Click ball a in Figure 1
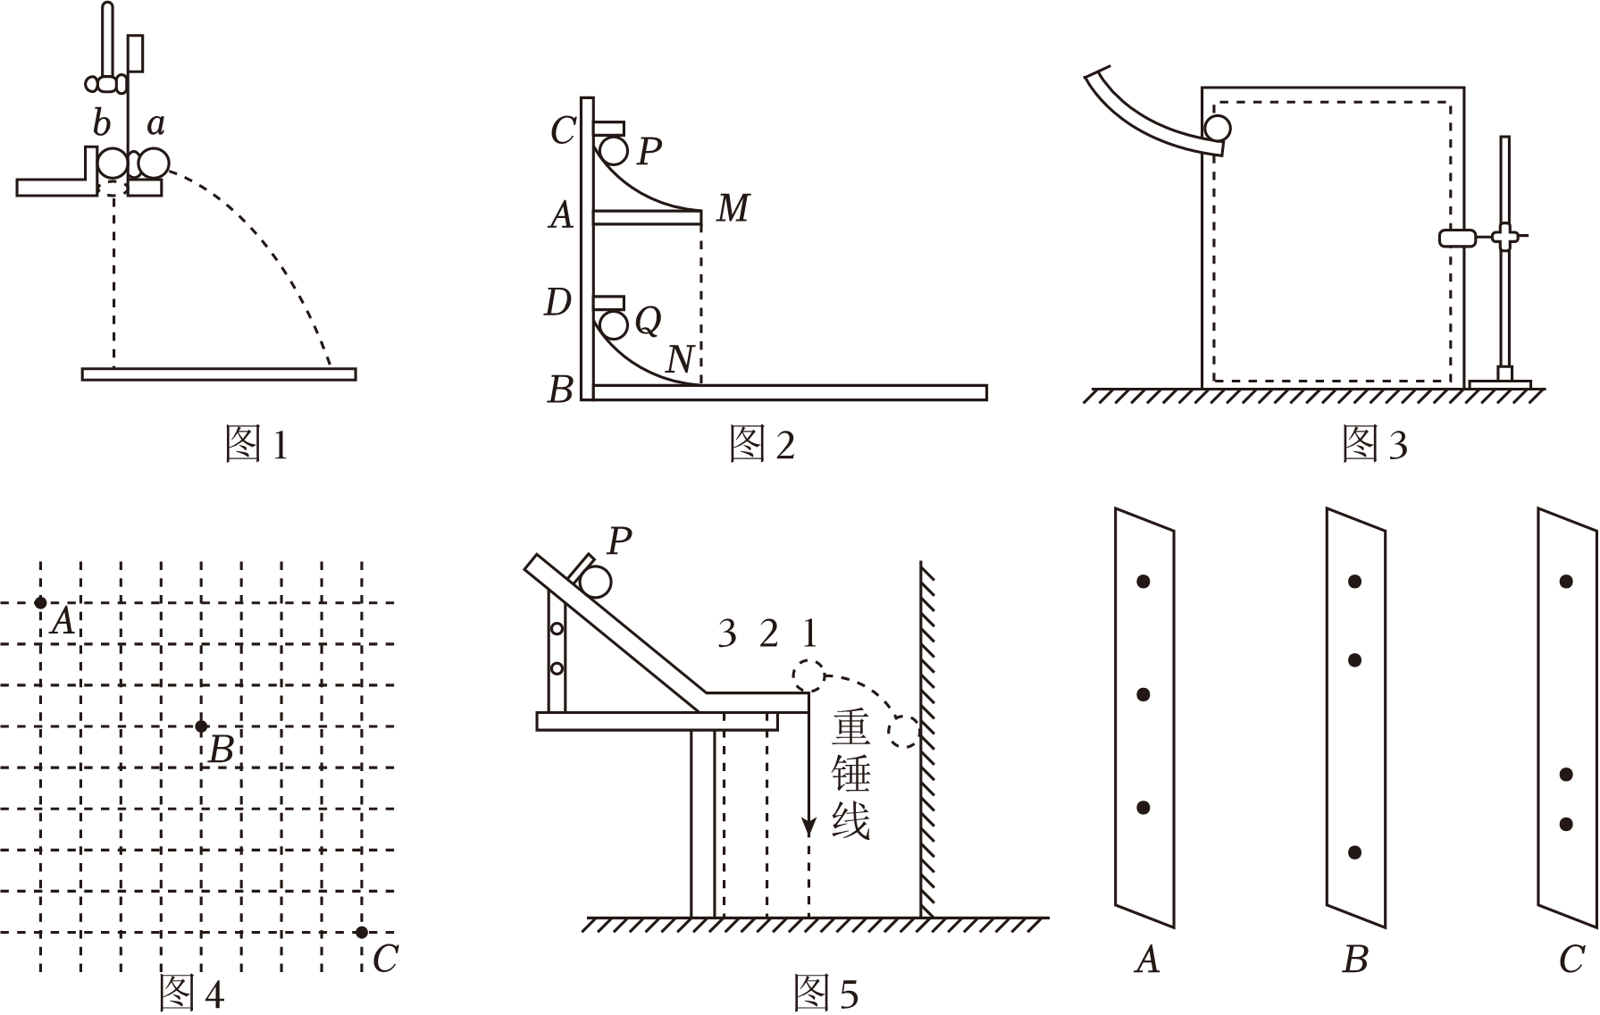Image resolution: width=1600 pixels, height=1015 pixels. point(153,163)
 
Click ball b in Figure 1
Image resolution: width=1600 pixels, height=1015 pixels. point(113,163)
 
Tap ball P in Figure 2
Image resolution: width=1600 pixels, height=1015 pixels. point(614,150)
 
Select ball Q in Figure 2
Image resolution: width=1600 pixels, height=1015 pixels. point(614,323)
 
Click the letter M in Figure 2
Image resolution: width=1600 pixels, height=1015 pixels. point(733,207)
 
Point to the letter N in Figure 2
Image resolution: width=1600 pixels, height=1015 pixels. point(680,359)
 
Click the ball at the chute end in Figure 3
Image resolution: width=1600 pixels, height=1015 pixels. point(1217,129)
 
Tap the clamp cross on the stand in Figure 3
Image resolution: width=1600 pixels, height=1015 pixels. point(1505,237)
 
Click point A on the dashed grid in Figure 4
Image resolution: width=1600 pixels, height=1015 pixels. point(40,603)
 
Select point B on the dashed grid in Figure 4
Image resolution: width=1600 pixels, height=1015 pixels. point(201,726)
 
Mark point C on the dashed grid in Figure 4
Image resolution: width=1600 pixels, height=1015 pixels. point(361,932)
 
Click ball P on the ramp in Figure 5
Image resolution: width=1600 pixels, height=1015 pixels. point(595,583)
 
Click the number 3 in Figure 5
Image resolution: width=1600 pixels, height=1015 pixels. point(727,633)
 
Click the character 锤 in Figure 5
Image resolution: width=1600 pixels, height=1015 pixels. point(850,773)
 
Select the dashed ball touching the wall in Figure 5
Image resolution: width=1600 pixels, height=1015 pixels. point(904,732)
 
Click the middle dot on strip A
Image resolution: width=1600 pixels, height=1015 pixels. point(1143,694)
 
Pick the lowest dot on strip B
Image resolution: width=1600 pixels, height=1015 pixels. point(1354,852)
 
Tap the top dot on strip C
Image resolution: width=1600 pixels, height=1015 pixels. point(1566,581)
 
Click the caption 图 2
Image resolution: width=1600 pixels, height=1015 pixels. point(762,443)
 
